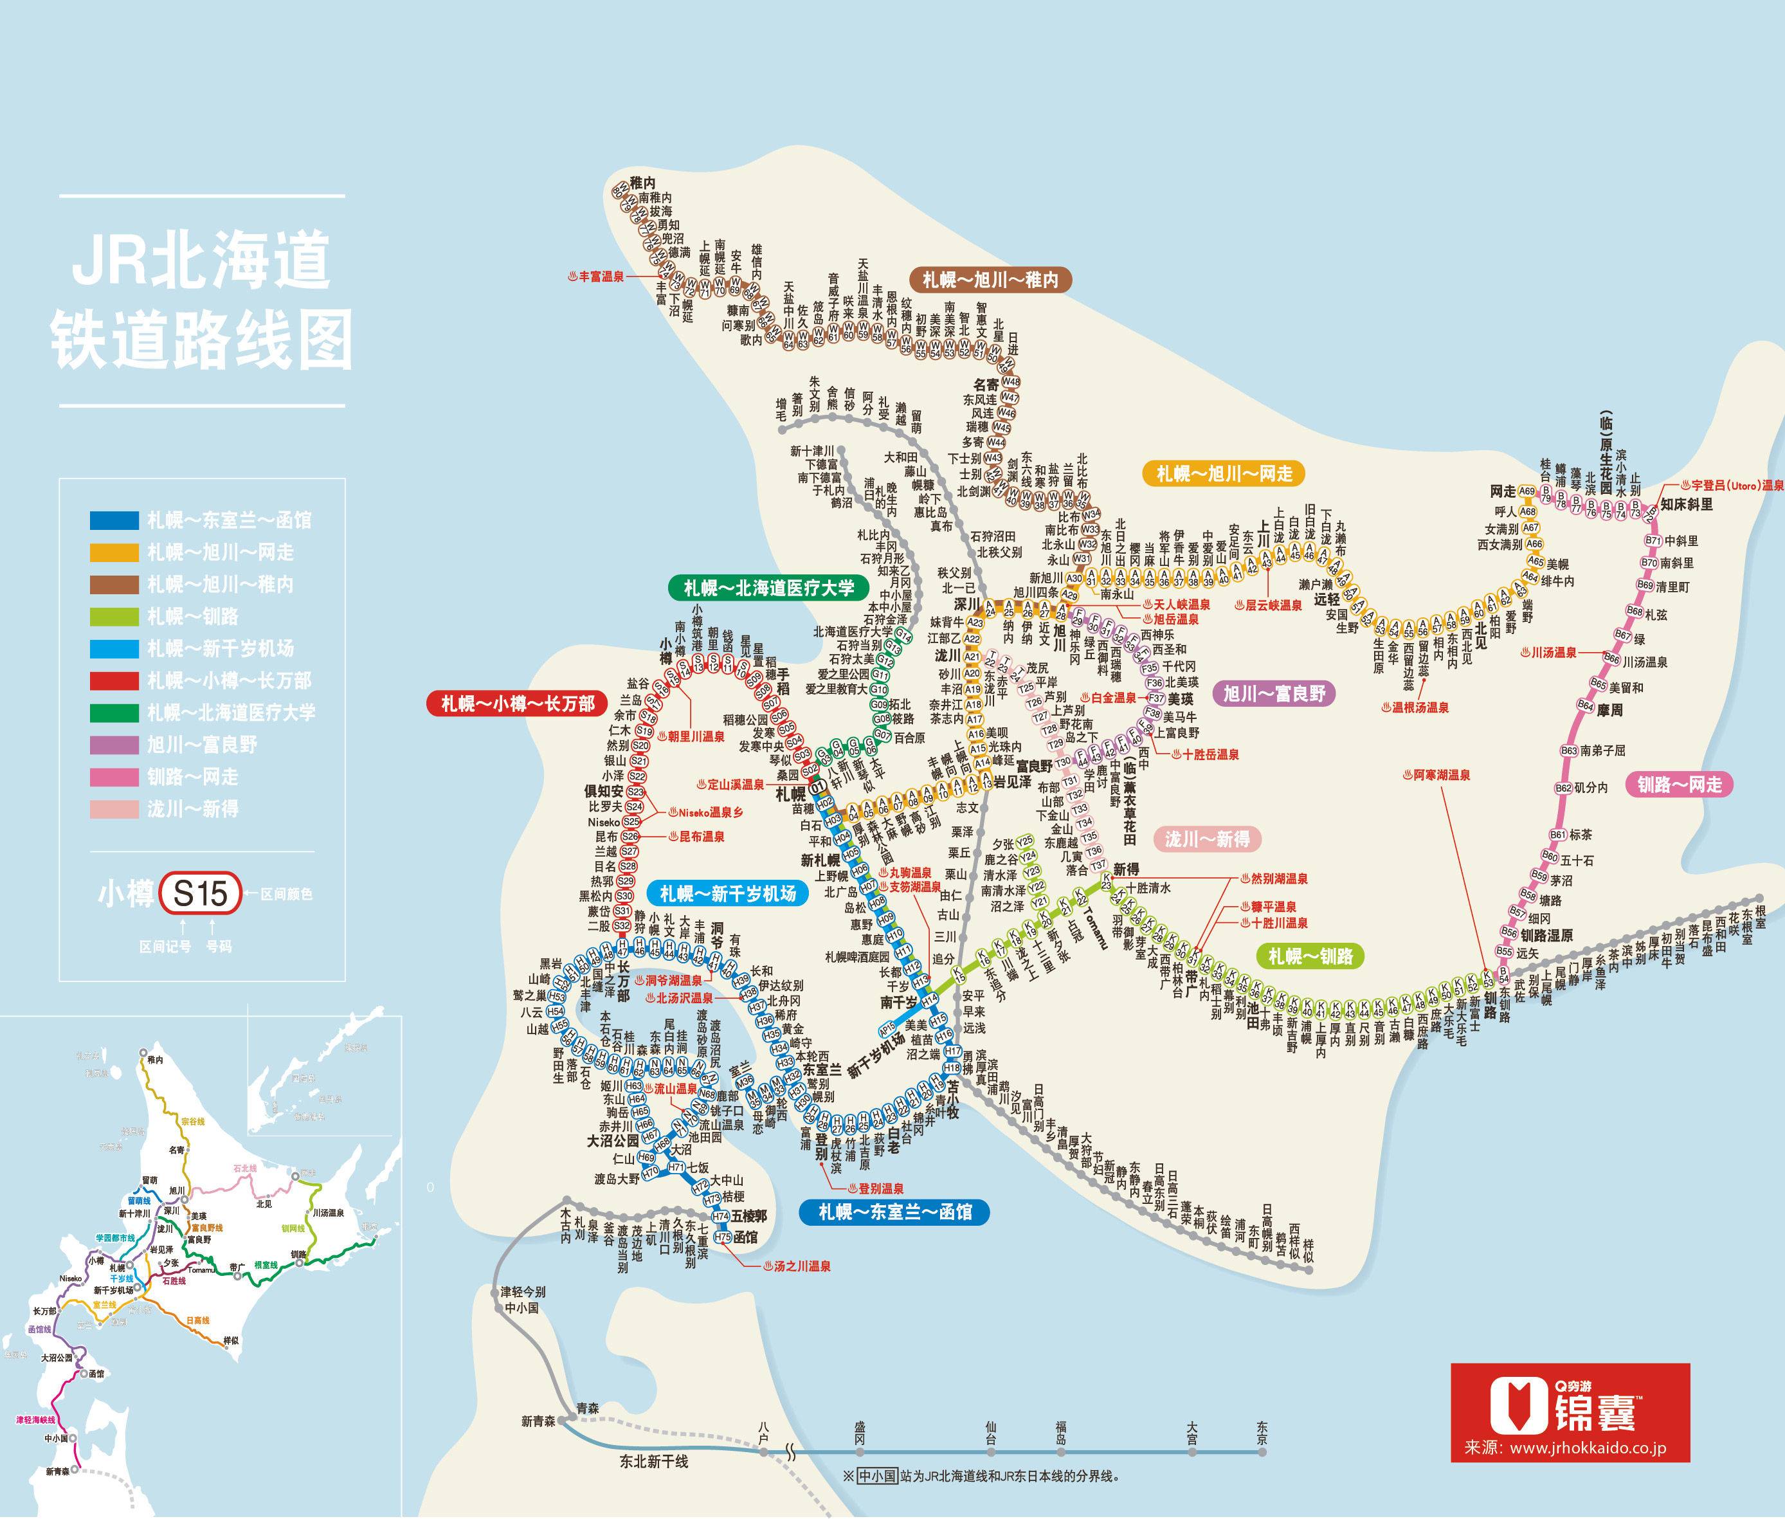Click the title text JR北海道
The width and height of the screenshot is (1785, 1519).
click(201, 261)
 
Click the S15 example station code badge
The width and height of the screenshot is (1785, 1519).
click(201, 894)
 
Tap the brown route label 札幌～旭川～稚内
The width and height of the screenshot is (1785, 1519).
click(990, 280)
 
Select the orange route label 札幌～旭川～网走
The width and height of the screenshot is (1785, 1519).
click(1224, 473)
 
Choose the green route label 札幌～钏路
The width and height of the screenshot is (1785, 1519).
click(1310, 956)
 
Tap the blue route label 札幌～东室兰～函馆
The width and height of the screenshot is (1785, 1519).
click(894, 1212)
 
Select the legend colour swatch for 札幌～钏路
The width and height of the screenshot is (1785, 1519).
click(114, 617)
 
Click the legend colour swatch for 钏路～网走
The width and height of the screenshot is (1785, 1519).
click(114, 778)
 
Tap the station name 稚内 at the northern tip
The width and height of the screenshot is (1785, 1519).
click(642, 183)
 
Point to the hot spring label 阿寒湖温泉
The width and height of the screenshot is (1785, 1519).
click(1442, 775)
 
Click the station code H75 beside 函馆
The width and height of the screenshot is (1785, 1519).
click(723, 1237)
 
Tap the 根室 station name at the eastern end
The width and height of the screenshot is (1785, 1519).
click(1759, 923)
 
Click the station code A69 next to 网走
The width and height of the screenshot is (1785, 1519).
click(1527, 492)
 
